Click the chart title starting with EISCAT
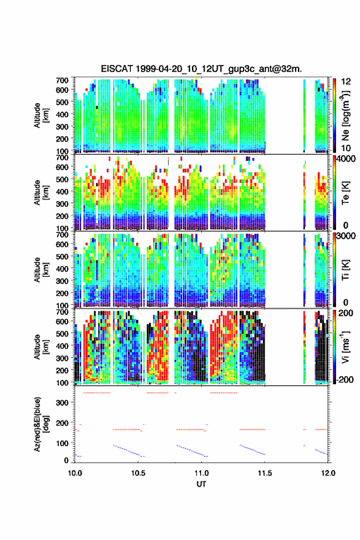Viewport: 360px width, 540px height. (x=201, y=69)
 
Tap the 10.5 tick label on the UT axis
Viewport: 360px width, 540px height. (x=138, y=473)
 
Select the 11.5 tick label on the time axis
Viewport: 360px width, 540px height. (x=265, y=473)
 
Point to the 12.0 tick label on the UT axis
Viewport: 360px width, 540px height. (x=328, y=473)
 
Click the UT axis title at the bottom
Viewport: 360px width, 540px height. (x=201, y=484)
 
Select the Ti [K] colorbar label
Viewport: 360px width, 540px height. (x=345, y=269)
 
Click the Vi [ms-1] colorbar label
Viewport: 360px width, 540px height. (x=345, y=347)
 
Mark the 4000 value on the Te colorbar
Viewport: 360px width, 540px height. (x=346, y=159)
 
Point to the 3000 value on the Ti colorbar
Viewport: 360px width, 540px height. (x=346, y=236)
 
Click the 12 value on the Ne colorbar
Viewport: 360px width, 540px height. (x=346, y=82)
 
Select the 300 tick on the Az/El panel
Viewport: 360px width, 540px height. (x=62, y=403)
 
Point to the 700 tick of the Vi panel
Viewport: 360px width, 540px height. (x=62, y=312)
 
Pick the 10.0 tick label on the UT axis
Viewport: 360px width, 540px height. (x=75, y=473)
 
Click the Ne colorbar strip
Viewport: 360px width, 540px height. (x=334, y=115)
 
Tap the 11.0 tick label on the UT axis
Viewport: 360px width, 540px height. (x=201, y=473)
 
